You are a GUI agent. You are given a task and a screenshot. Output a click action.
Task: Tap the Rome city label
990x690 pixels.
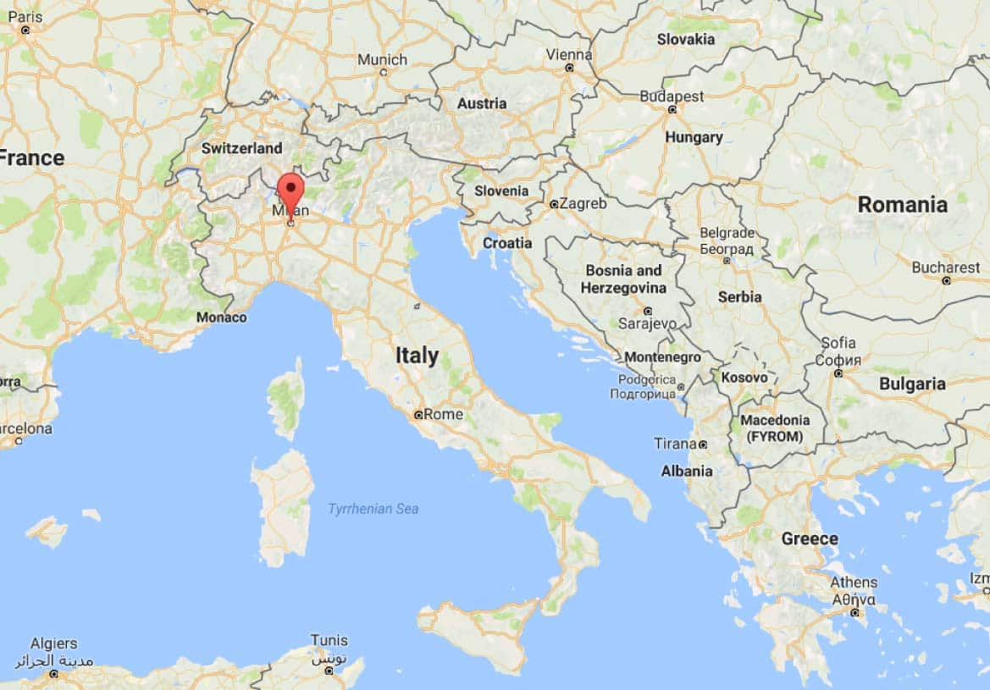tap(442, 414)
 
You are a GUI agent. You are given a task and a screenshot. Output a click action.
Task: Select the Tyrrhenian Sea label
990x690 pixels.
tap(373, 509)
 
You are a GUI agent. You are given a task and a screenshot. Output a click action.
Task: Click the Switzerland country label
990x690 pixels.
tap(241, 148)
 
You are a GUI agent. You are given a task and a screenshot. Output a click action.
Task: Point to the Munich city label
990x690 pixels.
tap(382, 60)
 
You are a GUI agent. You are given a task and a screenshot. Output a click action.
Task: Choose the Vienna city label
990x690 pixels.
tap(569, 54)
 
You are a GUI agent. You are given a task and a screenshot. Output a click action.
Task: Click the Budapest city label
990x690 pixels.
tap(672, 97)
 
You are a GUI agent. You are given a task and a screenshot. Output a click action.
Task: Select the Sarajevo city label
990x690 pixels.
tap(647, 323)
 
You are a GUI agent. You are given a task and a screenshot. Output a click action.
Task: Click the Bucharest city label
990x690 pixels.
tap(945, 268)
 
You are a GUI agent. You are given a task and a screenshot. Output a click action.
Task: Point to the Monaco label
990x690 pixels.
tap(221, 317)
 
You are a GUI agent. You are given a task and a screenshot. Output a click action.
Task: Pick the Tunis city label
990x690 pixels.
tap(329, 640)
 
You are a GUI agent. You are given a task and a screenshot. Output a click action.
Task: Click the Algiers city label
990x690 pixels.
tap(53, 643)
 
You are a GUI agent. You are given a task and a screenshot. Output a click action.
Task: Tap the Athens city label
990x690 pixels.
tap(854, 582)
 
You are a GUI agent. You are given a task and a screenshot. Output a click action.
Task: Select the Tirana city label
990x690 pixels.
tap(675, 444)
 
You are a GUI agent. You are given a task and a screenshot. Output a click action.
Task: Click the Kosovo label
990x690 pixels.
tap(744, 378)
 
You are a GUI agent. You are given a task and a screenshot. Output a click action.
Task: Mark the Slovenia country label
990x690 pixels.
tap(501, 190)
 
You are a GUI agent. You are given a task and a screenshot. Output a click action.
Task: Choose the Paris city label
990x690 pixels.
tap(25, 16)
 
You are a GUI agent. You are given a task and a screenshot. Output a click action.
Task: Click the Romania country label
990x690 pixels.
tap(902, 204)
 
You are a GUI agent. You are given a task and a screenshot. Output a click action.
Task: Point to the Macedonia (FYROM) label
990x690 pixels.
tap(775, 428)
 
